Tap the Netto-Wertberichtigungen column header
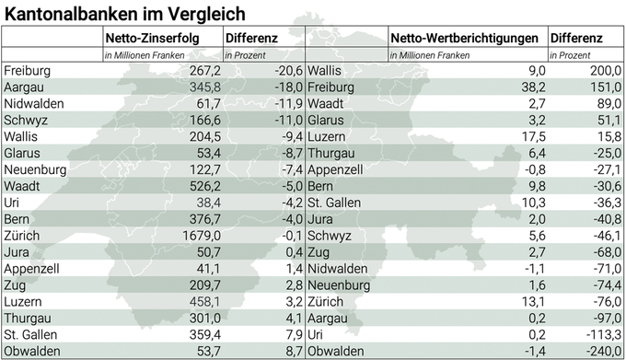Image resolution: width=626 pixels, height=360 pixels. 463,39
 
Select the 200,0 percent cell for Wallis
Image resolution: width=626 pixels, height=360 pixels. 604,71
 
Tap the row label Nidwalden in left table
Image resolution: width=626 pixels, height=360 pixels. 34,104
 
